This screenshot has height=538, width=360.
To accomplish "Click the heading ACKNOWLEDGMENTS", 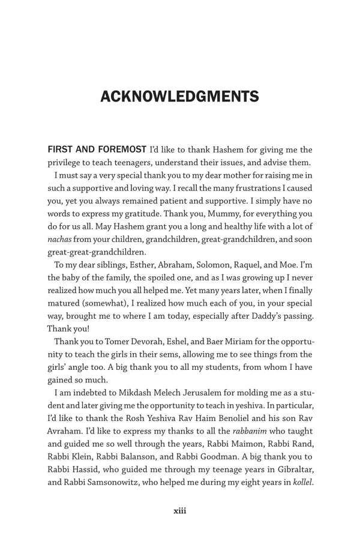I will (179, 97).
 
